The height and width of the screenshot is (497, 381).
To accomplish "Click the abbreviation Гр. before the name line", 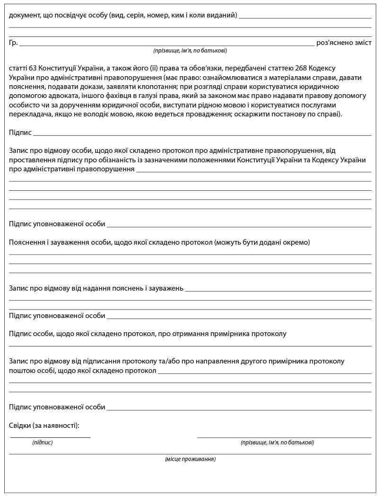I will tap(13, 43).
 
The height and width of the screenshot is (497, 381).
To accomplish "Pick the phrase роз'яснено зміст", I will tap(344, 43).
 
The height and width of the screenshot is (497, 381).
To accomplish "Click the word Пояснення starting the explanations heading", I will tap(26, 242).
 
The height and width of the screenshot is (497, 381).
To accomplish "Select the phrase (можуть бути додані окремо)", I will tap(262, 242).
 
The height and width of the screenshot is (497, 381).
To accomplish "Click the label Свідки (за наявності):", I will tap(44, 426).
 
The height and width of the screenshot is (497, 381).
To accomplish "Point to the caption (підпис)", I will tap(43, 443).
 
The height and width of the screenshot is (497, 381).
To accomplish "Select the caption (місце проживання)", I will tap(190, 459).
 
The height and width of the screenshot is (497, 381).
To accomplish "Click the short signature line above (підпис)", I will tap(50, 437).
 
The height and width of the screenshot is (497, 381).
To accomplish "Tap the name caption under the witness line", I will tap(277, 443).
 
